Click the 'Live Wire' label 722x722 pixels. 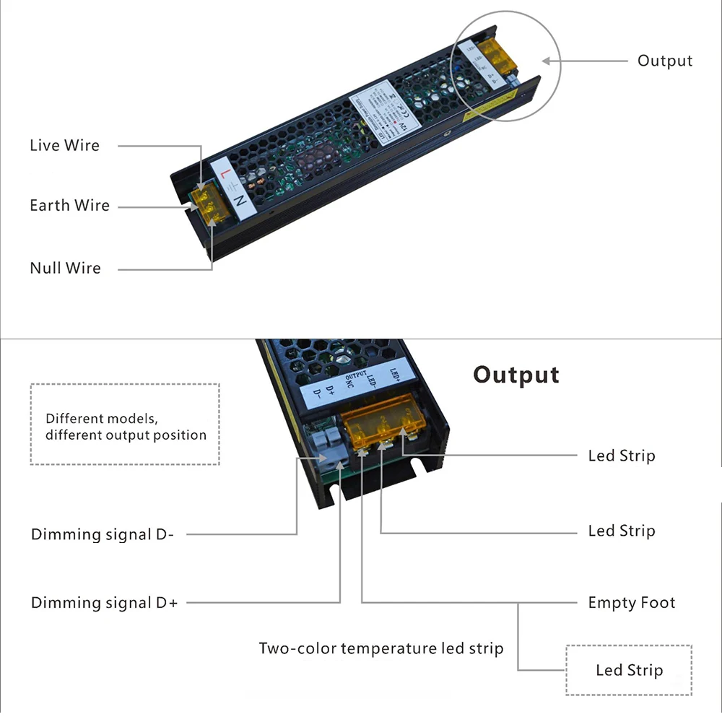pos(64,145)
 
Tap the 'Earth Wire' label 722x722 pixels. pos(69,206)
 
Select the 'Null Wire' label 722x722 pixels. pos(65,268)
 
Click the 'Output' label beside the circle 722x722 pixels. pos(664,61)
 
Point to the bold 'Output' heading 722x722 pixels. pos(516,375)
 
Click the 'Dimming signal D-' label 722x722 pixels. pos(102,535)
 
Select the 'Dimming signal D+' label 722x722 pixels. pos(104,603)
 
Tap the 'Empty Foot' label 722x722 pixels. pos(632,603)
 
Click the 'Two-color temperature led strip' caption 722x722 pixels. pos(381,648)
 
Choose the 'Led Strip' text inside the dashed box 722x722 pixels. pos(629,671)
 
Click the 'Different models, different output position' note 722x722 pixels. pos(126,427)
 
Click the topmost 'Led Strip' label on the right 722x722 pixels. pos(621,456)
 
